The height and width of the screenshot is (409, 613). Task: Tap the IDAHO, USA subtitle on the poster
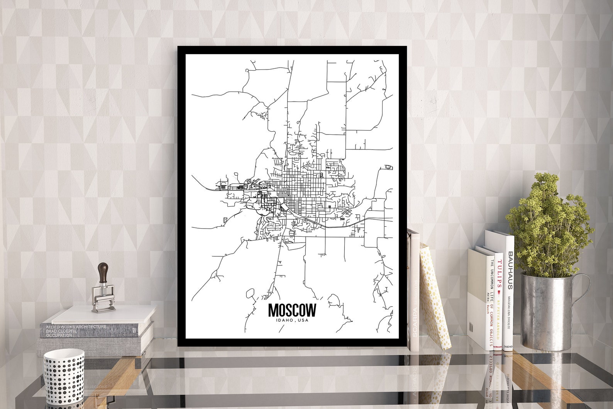[292, 320]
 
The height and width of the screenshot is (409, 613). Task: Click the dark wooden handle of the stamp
[103, 273]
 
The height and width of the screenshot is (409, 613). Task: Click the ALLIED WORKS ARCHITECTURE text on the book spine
[76, 327]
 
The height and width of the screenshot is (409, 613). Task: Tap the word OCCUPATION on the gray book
[59, 335]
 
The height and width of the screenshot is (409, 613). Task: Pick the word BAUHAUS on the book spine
[510, 270]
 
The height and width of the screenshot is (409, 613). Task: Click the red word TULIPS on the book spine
[499, 275]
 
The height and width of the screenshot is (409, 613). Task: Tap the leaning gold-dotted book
[435, 297]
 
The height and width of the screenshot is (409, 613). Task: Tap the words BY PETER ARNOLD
[499, 317]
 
